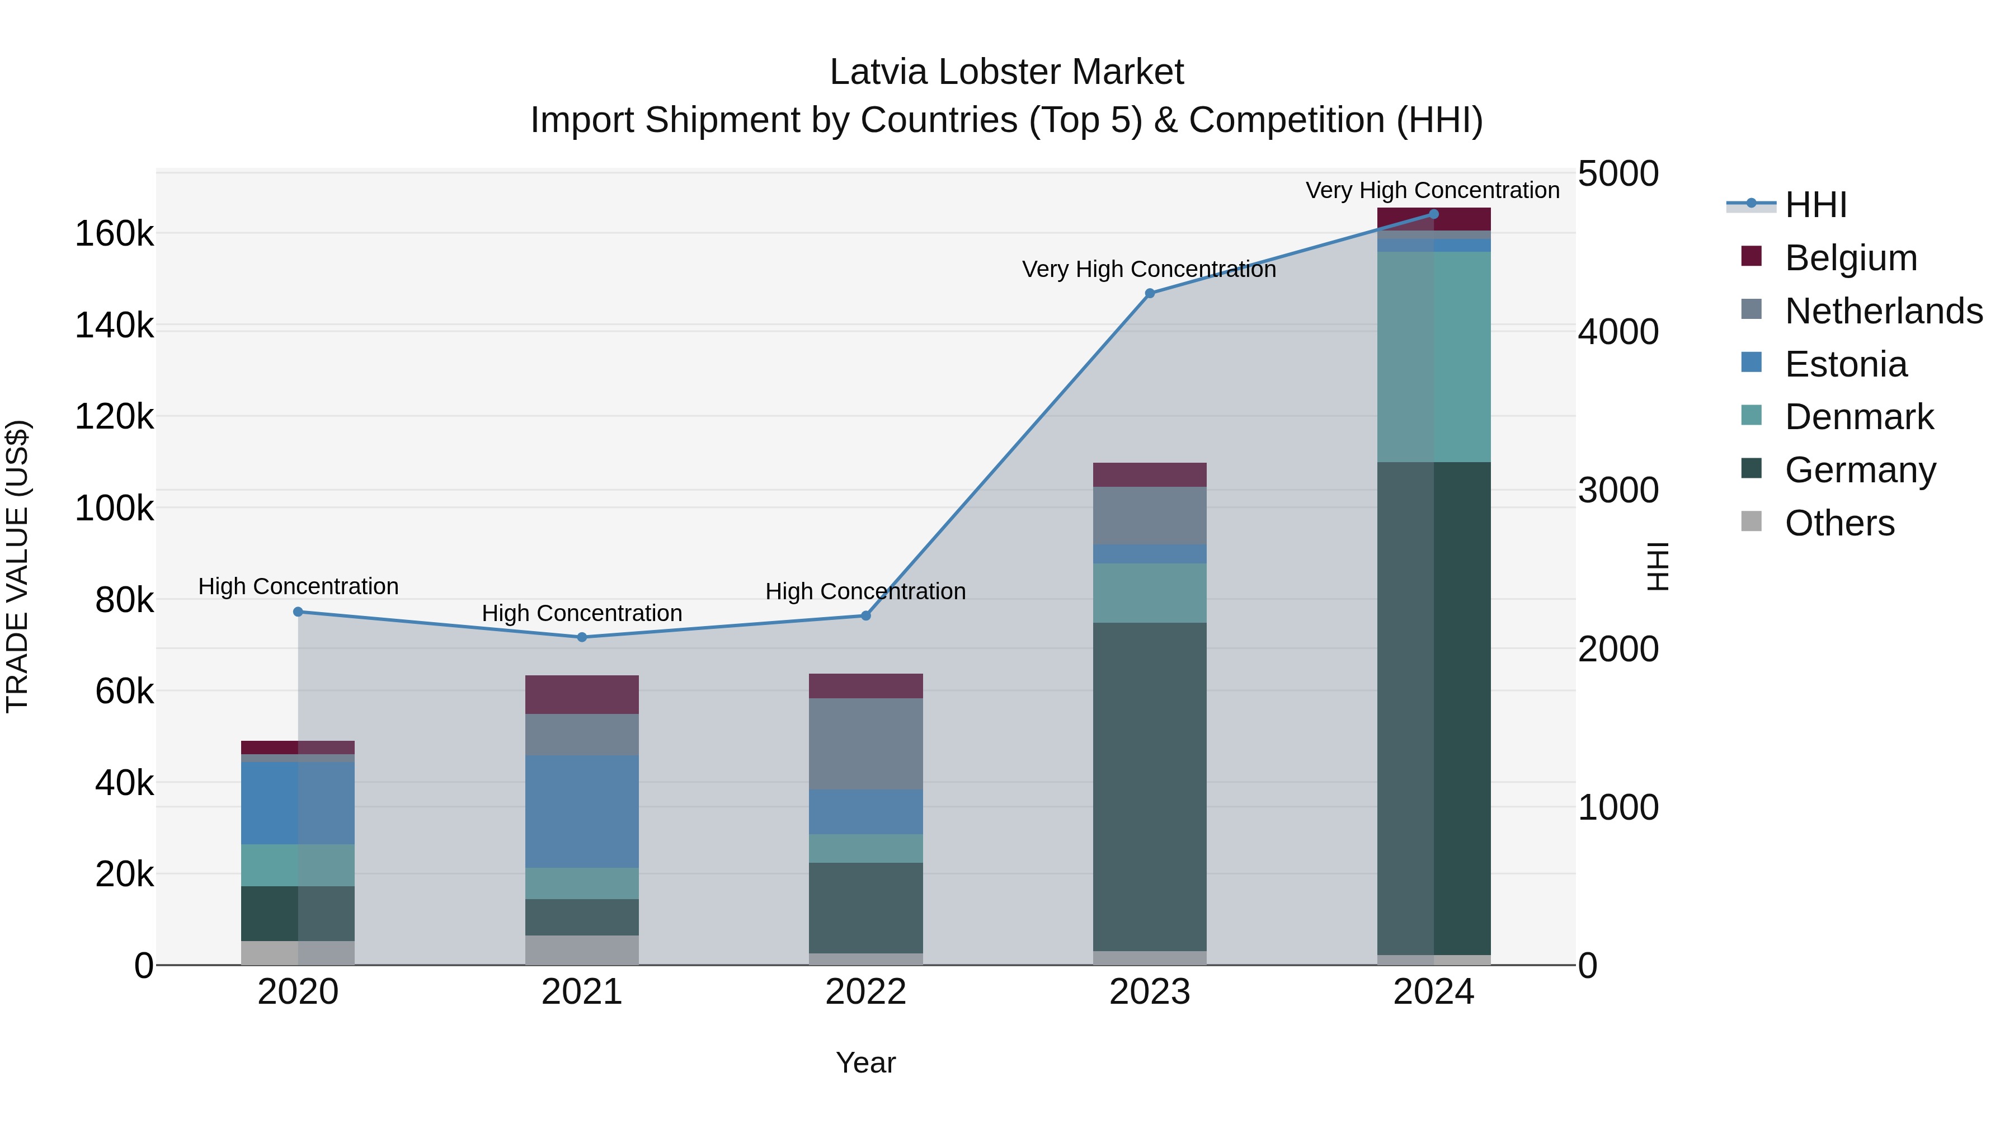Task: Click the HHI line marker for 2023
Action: pos(1149,293)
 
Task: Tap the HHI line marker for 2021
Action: pos(582,637)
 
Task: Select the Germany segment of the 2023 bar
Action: pos(1149,786)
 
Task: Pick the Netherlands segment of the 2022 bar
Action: pos(865,743)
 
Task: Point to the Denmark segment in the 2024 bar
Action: pos(1434,356)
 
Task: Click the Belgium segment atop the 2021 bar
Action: pos(582,694)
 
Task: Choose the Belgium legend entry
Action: pos(1850,258)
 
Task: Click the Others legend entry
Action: pos(1839,523)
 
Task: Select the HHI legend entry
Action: pos(1815,205)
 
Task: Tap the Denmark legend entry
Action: pos(1858,417)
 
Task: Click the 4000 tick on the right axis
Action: pos(1617,332)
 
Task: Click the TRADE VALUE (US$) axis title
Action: pos(17,566)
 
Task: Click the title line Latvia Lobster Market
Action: pos(1006,72)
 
